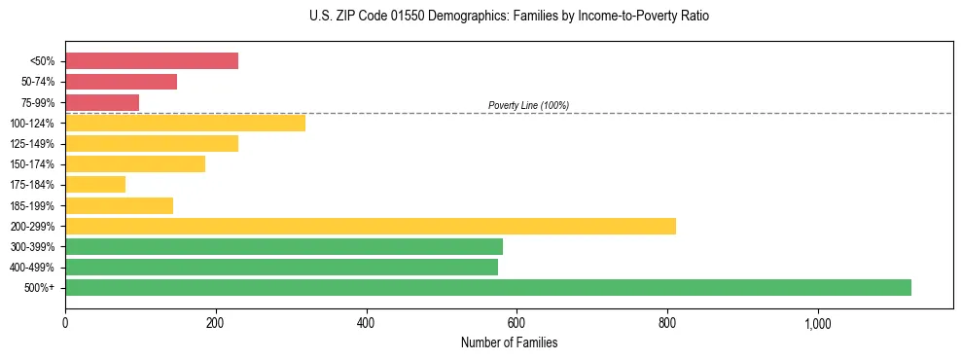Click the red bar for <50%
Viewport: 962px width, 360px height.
152,60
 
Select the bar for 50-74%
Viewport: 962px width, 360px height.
121,82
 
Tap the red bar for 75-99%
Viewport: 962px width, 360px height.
102,102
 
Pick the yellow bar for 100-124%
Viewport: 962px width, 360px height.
185,123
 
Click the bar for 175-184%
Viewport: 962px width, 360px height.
95,184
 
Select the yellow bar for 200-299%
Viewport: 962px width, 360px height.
370,226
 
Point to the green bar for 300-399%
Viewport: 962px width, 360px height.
284,246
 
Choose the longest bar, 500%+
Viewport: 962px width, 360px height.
487,287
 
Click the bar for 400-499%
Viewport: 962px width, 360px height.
281,267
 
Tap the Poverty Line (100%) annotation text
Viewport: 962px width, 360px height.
528,105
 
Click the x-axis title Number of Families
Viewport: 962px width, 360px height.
509,343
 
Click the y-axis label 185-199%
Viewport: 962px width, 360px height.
32,205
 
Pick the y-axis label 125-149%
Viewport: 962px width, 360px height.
32,144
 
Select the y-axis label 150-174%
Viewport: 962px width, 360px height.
32,164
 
